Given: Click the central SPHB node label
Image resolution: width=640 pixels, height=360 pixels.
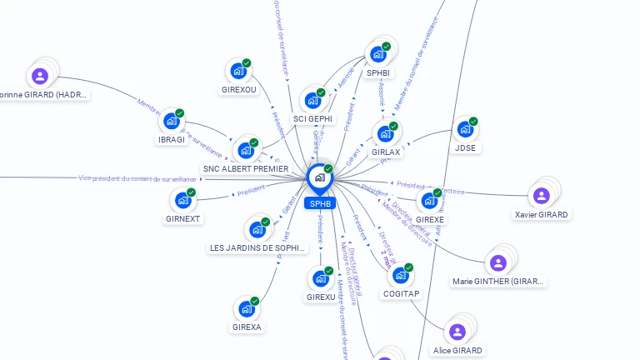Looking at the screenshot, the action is (320, 203).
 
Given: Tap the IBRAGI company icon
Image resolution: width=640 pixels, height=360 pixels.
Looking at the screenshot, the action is (171, 122).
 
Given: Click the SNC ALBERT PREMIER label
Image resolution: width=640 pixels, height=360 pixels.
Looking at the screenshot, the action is (246, 169).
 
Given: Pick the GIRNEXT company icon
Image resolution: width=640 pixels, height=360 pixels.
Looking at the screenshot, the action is (182, 201).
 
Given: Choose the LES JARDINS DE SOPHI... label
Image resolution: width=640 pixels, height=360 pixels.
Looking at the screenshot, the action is (257, 247).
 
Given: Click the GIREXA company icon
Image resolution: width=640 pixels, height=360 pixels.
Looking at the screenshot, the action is (246, 309).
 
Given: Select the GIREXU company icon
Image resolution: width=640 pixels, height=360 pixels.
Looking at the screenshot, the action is (320, 279).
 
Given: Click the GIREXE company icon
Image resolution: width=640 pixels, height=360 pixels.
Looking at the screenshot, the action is (429, 202).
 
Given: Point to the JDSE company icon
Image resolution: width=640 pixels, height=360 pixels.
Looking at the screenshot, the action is (464, 130).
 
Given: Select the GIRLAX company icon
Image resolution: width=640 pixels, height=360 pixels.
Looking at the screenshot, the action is (385, 134).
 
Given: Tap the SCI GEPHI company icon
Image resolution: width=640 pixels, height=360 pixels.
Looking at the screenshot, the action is (312, 101).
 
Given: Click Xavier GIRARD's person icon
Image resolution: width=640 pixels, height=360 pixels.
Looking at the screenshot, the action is (542, 196).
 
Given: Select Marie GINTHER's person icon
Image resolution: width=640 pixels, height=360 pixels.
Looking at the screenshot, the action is (498, 263).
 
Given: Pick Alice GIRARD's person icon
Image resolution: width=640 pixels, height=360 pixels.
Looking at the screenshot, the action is (457, 332).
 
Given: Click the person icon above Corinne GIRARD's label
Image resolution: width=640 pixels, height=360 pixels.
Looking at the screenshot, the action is (39, 76).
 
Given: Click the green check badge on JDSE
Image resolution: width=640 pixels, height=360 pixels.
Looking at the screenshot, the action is (473, 122).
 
